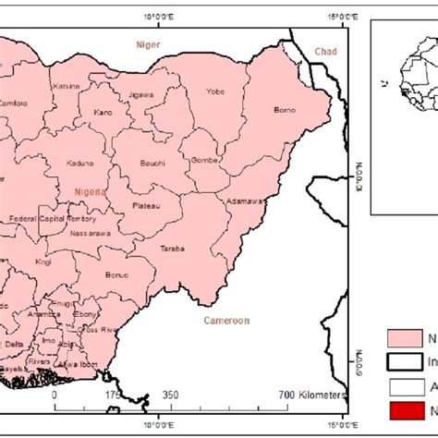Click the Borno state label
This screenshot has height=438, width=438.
click(x=285, y=110)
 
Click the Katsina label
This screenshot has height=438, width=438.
click(x=67, y=86)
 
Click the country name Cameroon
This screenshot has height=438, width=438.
click(x=226, y=321)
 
